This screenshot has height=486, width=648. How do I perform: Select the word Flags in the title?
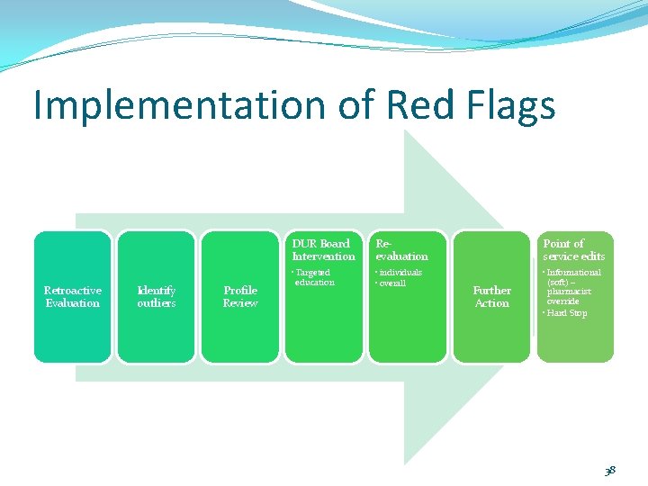(x=511, y=105)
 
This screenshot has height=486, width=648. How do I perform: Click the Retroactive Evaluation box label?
(x=73, y=297)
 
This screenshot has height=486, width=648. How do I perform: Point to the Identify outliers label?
(x=157, y=297)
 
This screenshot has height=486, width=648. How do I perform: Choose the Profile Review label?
(x=240, y=297)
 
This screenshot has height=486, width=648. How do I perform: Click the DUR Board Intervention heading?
(x=323, y=249)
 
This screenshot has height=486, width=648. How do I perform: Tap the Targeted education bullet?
(x=314, y=277)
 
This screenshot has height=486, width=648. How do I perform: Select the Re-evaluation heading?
(x=401, y=249)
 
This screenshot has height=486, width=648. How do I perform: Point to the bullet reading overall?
(x=393, y=283)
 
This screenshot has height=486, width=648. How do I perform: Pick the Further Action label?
(x=491, y=297)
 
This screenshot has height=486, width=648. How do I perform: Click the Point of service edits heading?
(x=573, y=249)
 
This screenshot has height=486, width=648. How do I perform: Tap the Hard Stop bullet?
(x=568, y=313)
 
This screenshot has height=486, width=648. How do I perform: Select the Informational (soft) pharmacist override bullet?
(x=573, y=287)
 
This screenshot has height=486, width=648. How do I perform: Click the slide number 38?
(x=611, y=471)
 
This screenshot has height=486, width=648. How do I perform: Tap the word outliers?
(x=157, y=303)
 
